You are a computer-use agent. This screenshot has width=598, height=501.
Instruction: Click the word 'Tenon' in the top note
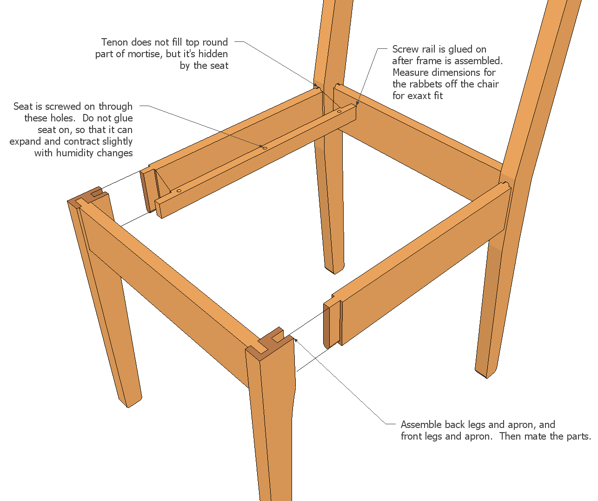(x=114, y=42)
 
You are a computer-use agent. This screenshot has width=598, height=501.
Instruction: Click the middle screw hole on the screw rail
(x=265, y=148)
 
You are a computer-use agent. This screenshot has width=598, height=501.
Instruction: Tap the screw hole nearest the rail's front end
(x=179, y=190)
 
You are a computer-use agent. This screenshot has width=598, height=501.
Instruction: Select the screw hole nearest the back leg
(x=339, y=111)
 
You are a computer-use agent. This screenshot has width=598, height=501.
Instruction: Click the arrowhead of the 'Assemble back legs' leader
(x=296, y=340)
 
